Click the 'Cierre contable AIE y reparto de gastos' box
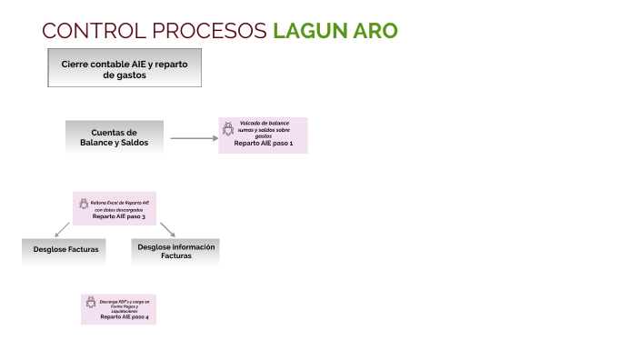click(x=124, y=69)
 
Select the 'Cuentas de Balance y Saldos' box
click(x=115, y=137)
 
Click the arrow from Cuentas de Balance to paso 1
click(x=194, y=138)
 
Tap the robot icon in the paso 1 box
click(x=228, y=129)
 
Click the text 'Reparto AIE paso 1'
click(x=264, y=145)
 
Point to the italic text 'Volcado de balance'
click(x=264, y=122)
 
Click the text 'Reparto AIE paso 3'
click(x=119, y=216)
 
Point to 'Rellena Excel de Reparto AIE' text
click(x=119, y=202)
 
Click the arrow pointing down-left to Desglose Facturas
click(x=62, y=229)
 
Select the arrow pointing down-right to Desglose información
click(x=168, y=228)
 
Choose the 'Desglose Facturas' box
click(x=60, y=248)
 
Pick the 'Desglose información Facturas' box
click(x=175, y=251)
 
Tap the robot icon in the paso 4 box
click(x=91, y=303)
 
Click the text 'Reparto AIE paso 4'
click(x=124, y=317)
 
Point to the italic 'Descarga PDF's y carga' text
click(x=124, y=301)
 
